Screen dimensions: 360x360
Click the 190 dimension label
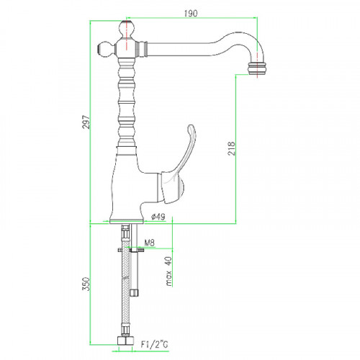click(x=191, y=14)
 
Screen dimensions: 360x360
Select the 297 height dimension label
click(x=86, y=122)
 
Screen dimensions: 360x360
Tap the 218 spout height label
click(x=232, y=148)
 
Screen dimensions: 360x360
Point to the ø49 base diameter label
click(x=158, y=217)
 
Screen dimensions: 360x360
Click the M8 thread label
click(x=149, y=243)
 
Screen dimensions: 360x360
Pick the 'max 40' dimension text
click(x=169, y=271)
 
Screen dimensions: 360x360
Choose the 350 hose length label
click(x=86, y=284)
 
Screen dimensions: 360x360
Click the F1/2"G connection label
click(x=155, y=345)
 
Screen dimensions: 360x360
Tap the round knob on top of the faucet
click(x=126, y=28)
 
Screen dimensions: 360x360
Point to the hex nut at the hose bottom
click(x=125, y=341)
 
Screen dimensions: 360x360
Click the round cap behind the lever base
click(x=182, y=187)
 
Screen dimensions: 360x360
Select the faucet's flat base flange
click(x=127, y=221)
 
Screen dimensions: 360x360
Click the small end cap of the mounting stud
click(x=135, y=293)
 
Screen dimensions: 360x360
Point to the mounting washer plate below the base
click(x=131, y=250)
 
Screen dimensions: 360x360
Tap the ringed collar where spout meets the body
click(x=142, y=49)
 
